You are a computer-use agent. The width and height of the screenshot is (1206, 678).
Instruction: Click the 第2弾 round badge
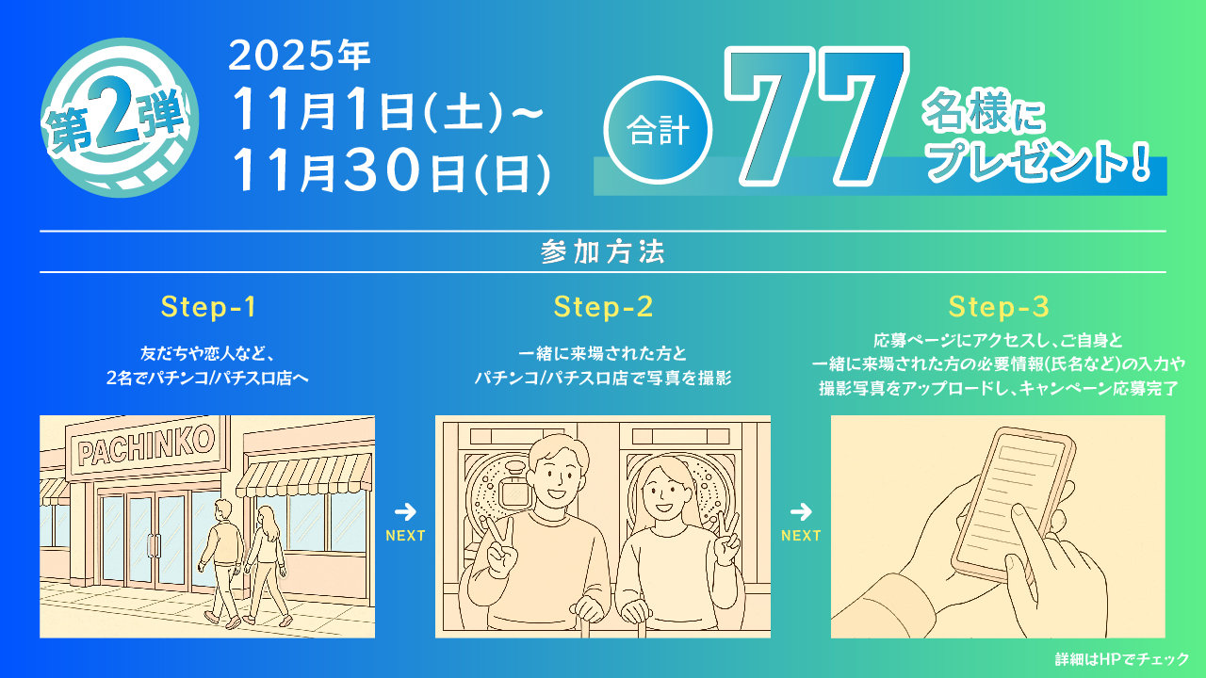[121, 121]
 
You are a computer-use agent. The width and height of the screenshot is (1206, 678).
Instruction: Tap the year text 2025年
[300, 58]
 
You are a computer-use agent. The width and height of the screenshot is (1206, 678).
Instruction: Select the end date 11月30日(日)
[391, 169]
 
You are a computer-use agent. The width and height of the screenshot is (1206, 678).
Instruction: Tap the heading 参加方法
[603, 252]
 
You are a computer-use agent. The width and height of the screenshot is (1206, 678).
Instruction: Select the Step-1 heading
[208, 307]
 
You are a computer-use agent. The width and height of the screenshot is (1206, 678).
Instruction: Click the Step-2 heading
[603, 307]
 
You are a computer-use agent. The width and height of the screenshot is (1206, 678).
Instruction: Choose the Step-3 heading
[999, 307]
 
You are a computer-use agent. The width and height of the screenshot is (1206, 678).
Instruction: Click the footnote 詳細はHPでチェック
[1121, 659]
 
